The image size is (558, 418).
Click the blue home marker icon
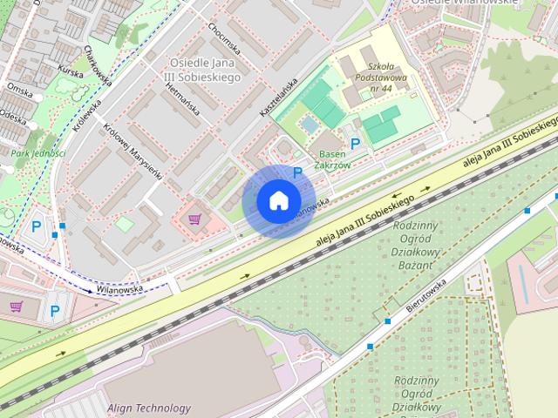coord(278,201)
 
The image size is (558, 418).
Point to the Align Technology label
coord(148,408)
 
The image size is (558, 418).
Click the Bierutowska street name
coord(425,295)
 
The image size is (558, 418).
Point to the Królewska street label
coord(88,115)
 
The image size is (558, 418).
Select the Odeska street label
coord(13,117)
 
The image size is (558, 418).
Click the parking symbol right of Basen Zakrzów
coord(355,145)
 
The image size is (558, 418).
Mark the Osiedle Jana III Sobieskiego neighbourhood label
coord(204,69)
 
